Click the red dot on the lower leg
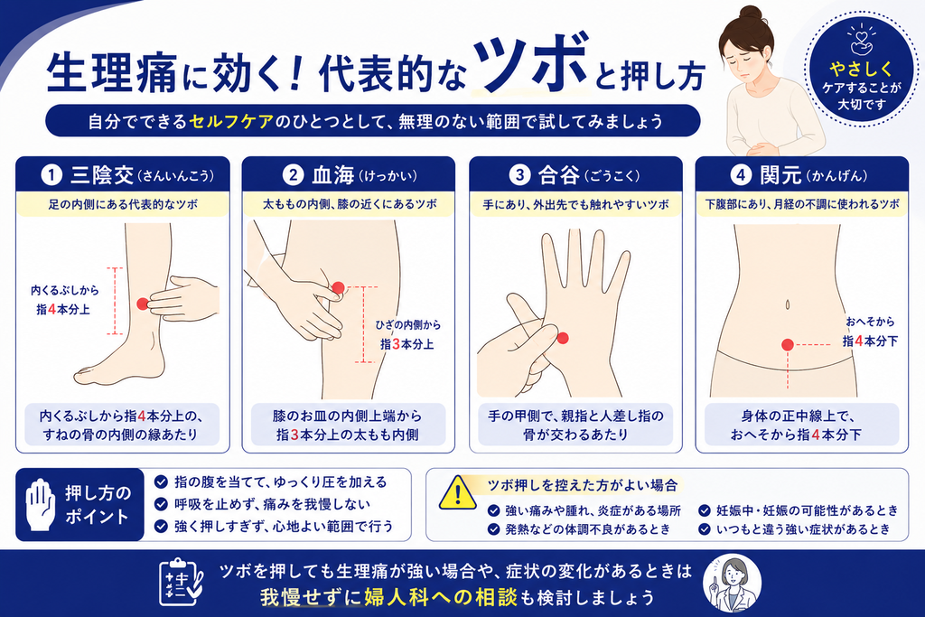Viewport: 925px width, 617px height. (x=143, y=304)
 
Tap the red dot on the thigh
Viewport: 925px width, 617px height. (x=338, y=288)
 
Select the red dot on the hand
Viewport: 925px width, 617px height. (x=563, y=338)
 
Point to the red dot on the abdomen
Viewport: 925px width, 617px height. (x=788, y=344)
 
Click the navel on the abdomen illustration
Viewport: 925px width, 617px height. (x=788, y=304)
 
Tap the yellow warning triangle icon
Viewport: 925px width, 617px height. (x=457, y=493)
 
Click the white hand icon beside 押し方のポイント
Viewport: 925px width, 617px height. (x=40, y=504)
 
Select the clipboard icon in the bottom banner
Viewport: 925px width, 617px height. (x=181, y=582)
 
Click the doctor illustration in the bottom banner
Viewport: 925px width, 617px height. (x=732, y=584)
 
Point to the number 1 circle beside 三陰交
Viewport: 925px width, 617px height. (x=51, y=175)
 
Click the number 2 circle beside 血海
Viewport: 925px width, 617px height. (x=293, y=175)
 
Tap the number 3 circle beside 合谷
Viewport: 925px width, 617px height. (x=519, y=175)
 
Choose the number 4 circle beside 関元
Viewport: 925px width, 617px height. (x=741, y=175)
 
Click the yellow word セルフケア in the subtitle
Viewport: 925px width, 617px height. (x=231, y=122)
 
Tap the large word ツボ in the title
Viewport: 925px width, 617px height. (x=529, y=64)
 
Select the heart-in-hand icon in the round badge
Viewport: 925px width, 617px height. (x=861, y=39)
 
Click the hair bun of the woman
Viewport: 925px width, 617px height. (x=751, y=14)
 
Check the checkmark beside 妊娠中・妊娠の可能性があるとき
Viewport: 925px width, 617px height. (x=705, y=510)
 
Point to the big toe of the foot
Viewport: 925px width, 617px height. (x=84, y=373)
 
